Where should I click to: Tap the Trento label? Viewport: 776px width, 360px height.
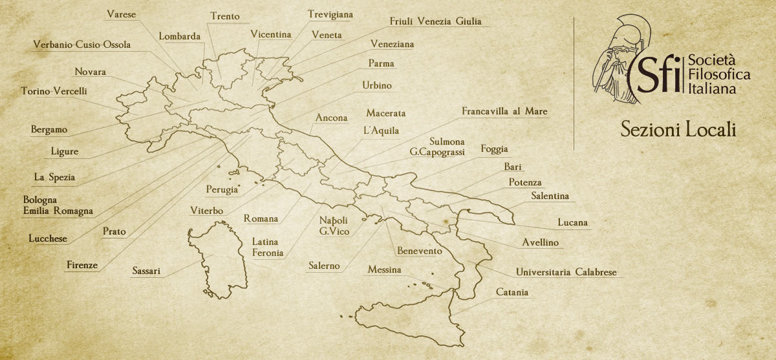[x=225, y=16]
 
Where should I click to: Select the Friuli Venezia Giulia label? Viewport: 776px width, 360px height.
[x=435, y=21]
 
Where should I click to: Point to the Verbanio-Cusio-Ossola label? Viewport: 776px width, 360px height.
[x=82, y=45]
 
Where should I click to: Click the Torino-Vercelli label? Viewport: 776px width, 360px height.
[x=54, y=91]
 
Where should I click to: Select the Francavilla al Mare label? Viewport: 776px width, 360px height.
[x=504, y=111]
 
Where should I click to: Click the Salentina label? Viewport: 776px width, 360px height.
[x=550, y=196]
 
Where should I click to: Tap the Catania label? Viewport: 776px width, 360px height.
[x=512, y=293]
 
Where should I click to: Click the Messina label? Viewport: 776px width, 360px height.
[x=384, y=270]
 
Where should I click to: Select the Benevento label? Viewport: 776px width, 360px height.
[x=420, y=251]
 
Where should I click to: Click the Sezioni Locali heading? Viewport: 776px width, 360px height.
[x=678, y=129]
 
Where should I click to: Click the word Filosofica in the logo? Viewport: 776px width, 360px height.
[x=719, y=76]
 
